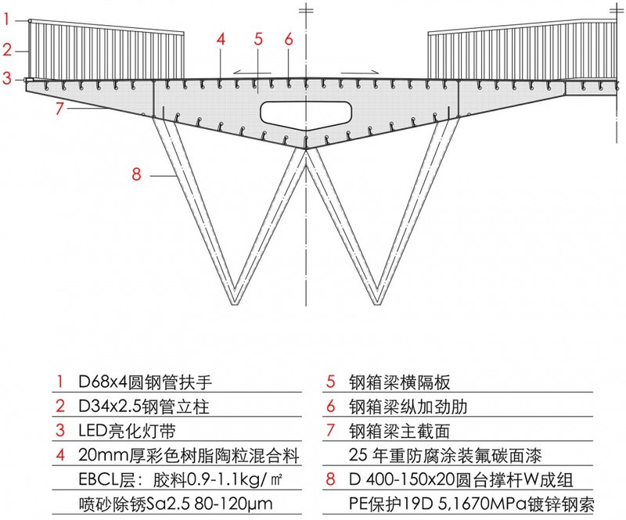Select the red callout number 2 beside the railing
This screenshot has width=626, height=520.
[5, 50]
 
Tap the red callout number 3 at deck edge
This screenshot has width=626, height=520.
[5, 78]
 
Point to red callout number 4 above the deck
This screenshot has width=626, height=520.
[221, 38]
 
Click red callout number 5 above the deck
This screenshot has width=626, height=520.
[257, 38]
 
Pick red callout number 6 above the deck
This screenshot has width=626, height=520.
[289, 38]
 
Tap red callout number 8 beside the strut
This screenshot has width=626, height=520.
[136, 174]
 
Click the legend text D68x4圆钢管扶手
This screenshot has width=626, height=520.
[146, 382]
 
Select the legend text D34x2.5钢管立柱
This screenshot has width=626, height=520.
[146, 407]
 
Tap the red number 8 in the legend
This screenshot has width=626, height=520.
[331, 478]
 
